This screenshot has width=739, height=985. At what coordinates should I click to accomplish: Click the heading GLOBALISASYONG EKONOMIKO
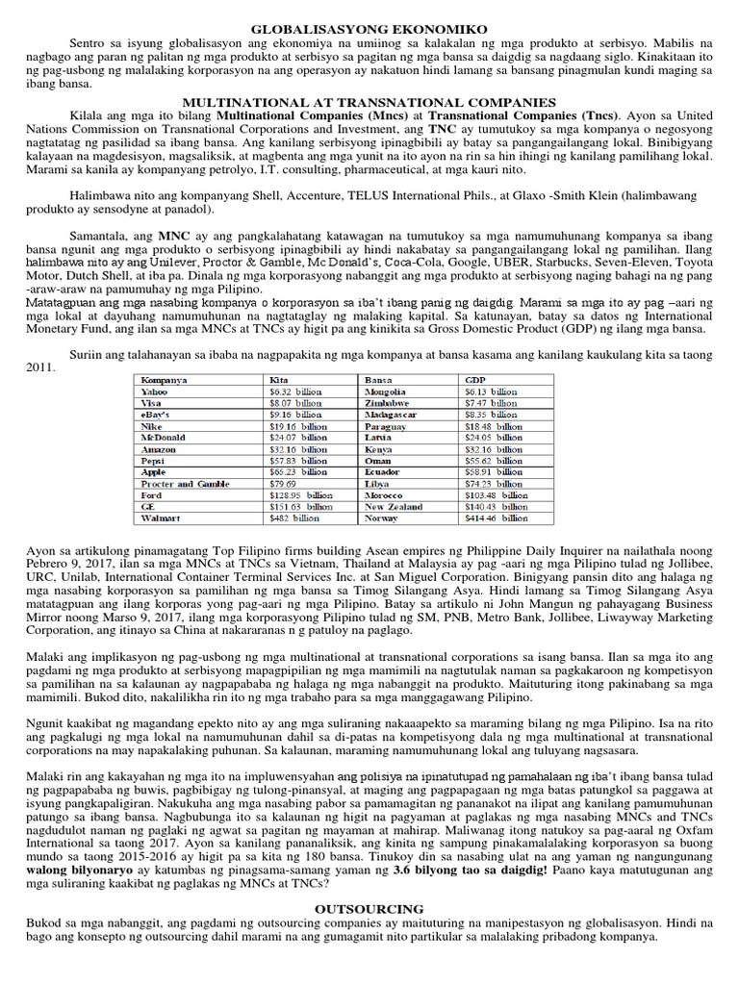click(x=369, y=31)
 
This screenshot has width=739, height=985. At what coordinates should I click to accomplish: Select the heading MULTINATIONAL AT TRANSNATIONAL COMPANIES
click(x=369, y=102)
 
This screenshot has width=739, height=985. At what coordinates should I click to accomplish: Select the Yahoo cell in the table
click(x=154, y=392)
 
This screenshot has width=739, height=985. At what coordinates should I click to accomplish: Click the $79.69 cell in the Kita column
click(x=285, y=483)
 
